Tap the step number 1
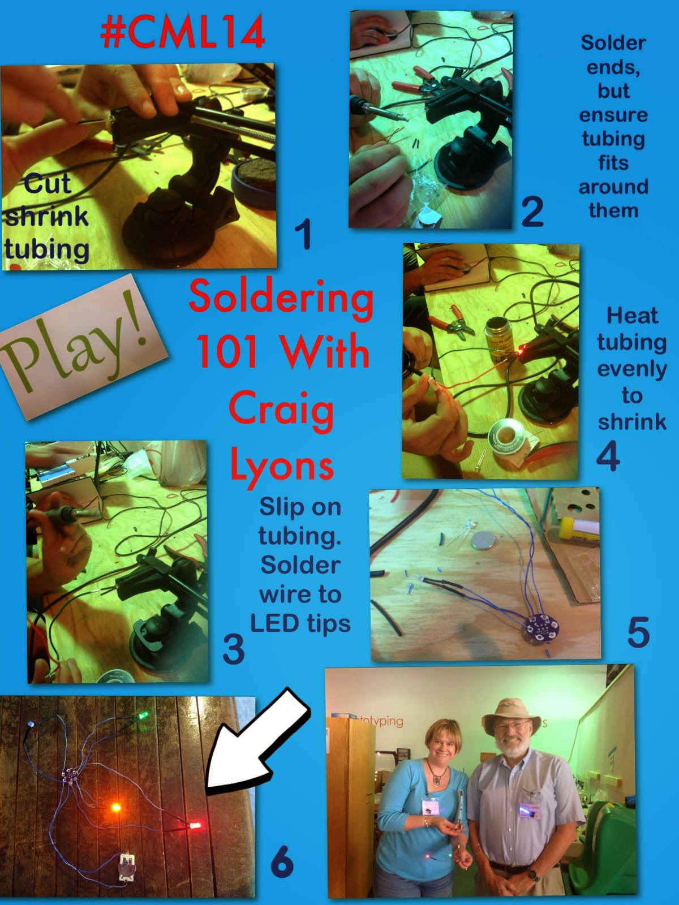pyautogui.click(x=303, y=234)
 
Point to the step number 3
pyautogui.click(x=234, y=649)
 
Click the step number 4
pyautogui.click(x=608, y=455)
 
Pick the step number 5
pyautogui.click(x=638, y=632)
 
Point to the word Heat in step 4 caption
pyautogui.click(x=632, y=316)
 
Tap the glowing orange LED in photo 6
pyautogui.click(x=116, y=807)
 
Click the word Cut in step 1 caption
pyautogui.click(x=47, y=183)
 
